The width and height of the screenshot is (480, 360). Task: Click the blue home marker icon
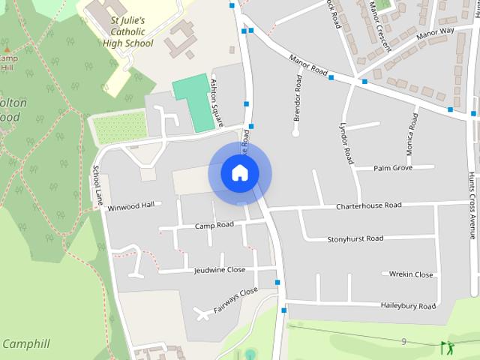click(239, 173)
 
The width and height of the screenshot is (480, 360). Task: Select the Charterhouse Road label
click(368, 205)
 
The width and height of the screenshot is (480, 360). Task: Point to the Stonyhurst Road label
click(355, 238)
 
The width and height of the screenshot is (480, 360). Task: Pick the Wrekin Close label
click(411, 274)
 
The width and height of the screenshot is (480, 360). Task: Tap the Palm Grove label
click(393, 168)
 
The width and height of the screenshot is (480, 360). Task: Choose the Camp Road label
click(214, 225)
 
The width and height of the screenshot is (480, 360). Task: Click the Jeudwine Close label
click(219, 270)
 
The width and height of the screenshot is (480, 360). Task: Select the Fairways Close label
click(235, 300)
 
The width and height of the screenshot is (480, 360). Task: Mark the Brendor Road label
click(298, 98)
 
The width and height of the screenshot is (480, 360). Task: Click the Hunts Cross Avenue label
click(472, 202)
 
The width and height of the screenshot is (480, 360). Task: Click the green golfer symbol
click(448, 347)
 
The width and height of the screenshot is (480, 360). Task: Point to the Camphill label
click(25, 344)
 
